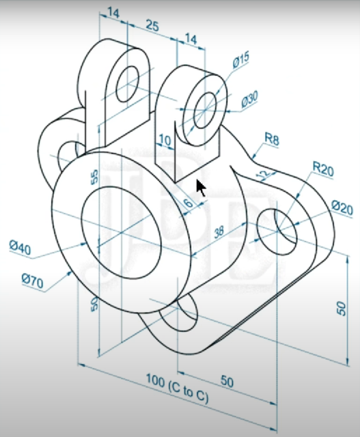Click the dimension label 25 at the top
(152, 26)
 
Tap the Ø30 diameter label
(249, 100)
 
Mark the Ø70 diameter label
(34, 280)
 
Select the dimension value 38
(219, 233)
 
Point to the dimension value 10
(164, 140)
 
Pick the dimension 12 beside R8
(260, 176)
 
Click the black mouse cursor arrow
(201, 188)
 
